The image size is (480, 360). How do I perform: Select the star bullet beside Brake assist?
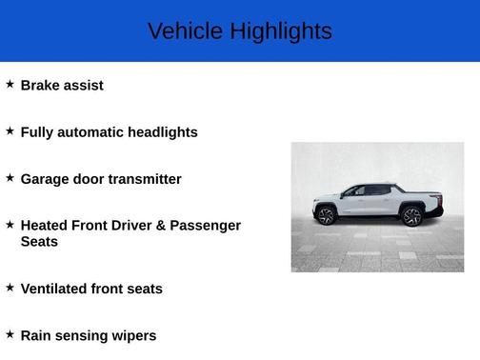tap(10, 84)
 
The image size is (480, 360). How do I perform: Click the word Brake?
tap(40, 85)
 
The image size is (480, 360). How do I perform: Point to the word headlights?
tap(161, 132)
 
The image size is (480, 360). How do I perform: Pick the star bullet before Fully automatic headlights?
tap(10, 130)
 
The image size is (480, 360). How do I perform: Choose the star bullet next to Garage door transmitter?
tap(10, 177)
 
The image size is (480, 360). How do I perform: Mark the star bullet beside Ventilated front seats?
tap(10, 287)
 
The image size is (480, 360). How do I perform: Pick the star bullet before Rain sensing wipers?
tap(10, 333)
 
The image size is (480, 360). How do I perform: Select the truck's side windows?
tap(367, 191)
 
